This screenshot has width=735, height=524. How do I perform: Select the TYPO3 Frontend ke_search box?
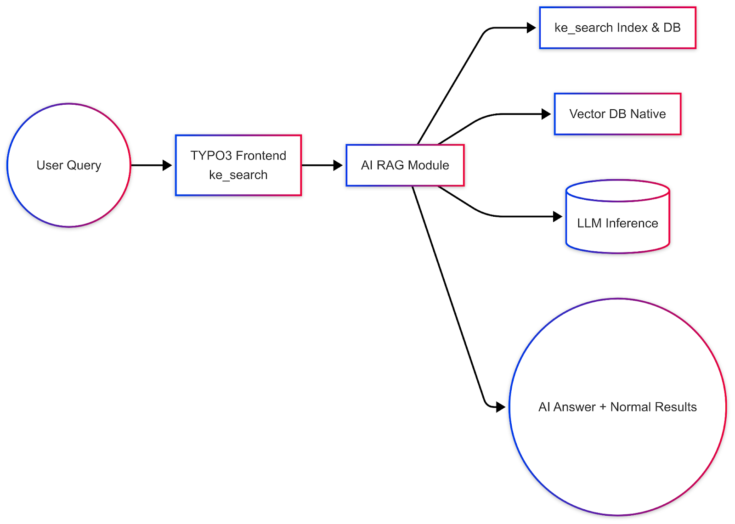[238, 165]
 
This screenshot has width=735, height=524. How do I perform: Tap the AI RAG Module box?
[405, 165]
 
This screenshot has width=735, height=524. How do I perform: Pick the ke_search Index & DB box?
[617, 28]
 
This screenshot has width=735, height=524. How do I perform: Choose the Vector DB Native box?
[617, 114]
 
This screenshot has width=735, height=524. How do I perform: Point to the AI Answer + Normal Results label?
[617, 407]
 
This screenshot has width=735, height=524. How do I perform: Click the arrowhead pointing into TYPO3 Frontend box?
[167, 165]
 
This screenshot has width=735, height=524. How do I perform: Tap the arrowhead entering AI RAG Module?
[338, 165]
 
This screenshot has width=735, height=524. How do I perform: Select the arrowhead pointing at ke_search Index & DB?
[531, 28]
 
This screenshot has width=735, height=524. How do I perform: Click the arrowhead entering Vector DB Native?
[546, 114]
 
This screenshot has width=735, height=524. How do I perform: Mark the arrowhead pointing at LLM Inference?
[558, 216]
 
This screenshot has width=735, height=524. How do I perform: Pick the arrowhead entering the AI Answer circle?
[501, 407]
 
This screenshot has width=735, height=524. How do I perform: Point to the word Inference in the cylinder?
[632, 223]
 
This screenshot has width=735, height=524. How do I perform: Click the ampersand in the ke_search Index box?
[655, 28]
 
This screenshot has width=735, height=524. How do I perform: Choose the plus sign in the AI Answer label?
[603, 407]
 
